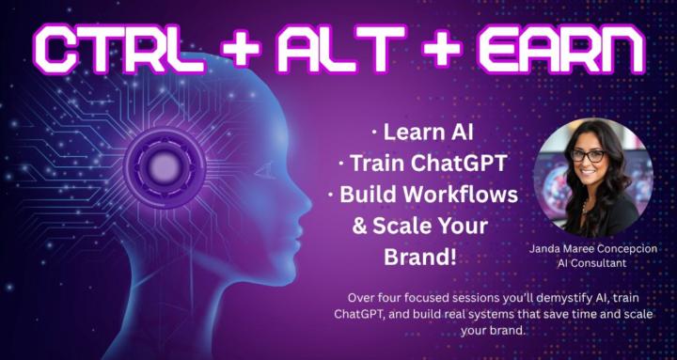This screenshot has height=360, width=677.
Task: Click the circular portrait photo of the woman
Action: (x=593, y=176)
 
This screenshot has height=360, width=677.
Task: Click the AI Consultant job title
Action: (x=593, y=264)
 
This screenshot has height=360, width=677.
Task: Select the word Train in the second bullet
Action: (x=375, y=163)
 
